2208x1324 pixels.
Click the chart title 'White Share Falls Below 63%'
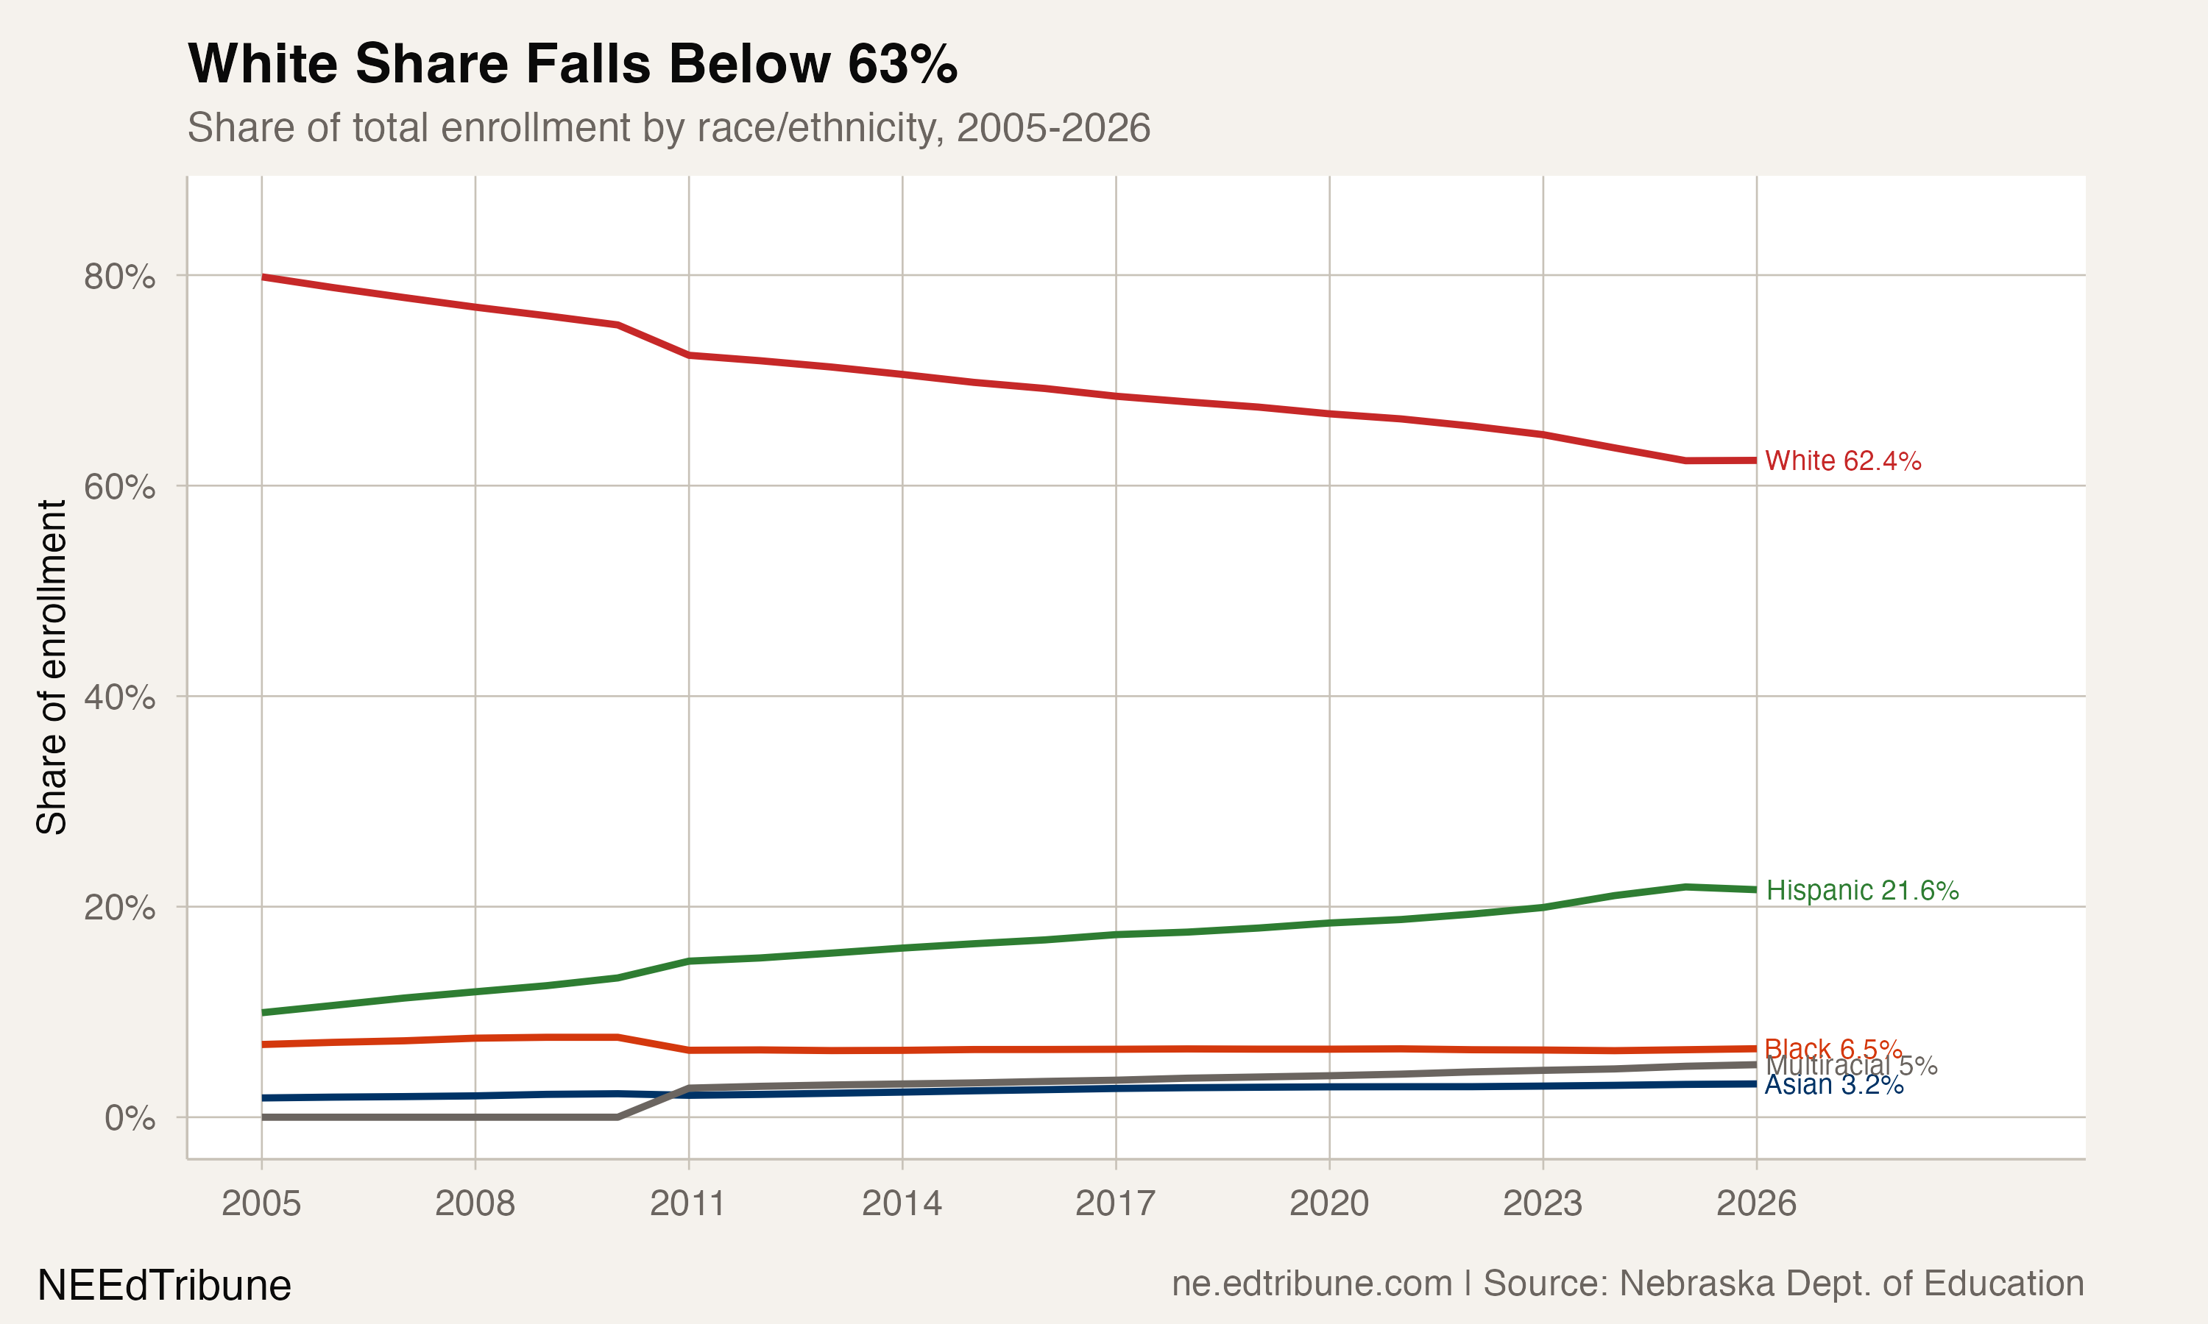pos(572,64)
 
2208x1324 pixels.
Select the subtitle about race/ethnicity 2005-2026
pos(668,127)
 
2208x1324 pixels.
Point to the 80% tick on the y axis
pos(119,277)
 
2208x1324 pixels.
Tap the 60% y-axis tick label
pos(119,487)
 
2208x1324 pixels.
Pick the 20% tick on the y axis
pos(119,908)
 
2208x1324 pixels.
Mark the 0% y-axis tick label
pos(130,1118)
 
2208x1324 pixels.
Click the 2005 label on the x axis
pos(261,1203)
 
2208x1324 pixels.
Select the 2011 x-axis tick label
pos(688,1203)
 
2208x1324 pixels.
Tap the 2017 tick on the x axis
pos(1116,1203)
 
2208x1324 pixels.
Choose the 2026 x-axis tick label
pos(1756,1203)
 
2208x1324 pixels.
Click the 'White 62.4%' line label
pos(1843,461)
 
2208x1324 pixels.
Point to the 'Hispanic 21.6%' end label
pos(1863,891)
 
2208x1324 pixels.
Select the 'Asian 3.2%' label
pos(1834,1086)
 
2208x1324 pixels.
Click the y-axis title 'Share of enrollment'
pos(52,667)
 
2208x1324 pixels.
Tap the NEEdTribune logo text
pos(164,1286)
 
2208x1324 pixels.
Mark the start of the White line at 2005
pos(263,277)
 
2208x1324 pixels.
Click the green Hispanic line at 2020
pos(1330,923)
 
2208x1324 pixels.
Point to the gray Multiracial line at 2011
pos(688,1089)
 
